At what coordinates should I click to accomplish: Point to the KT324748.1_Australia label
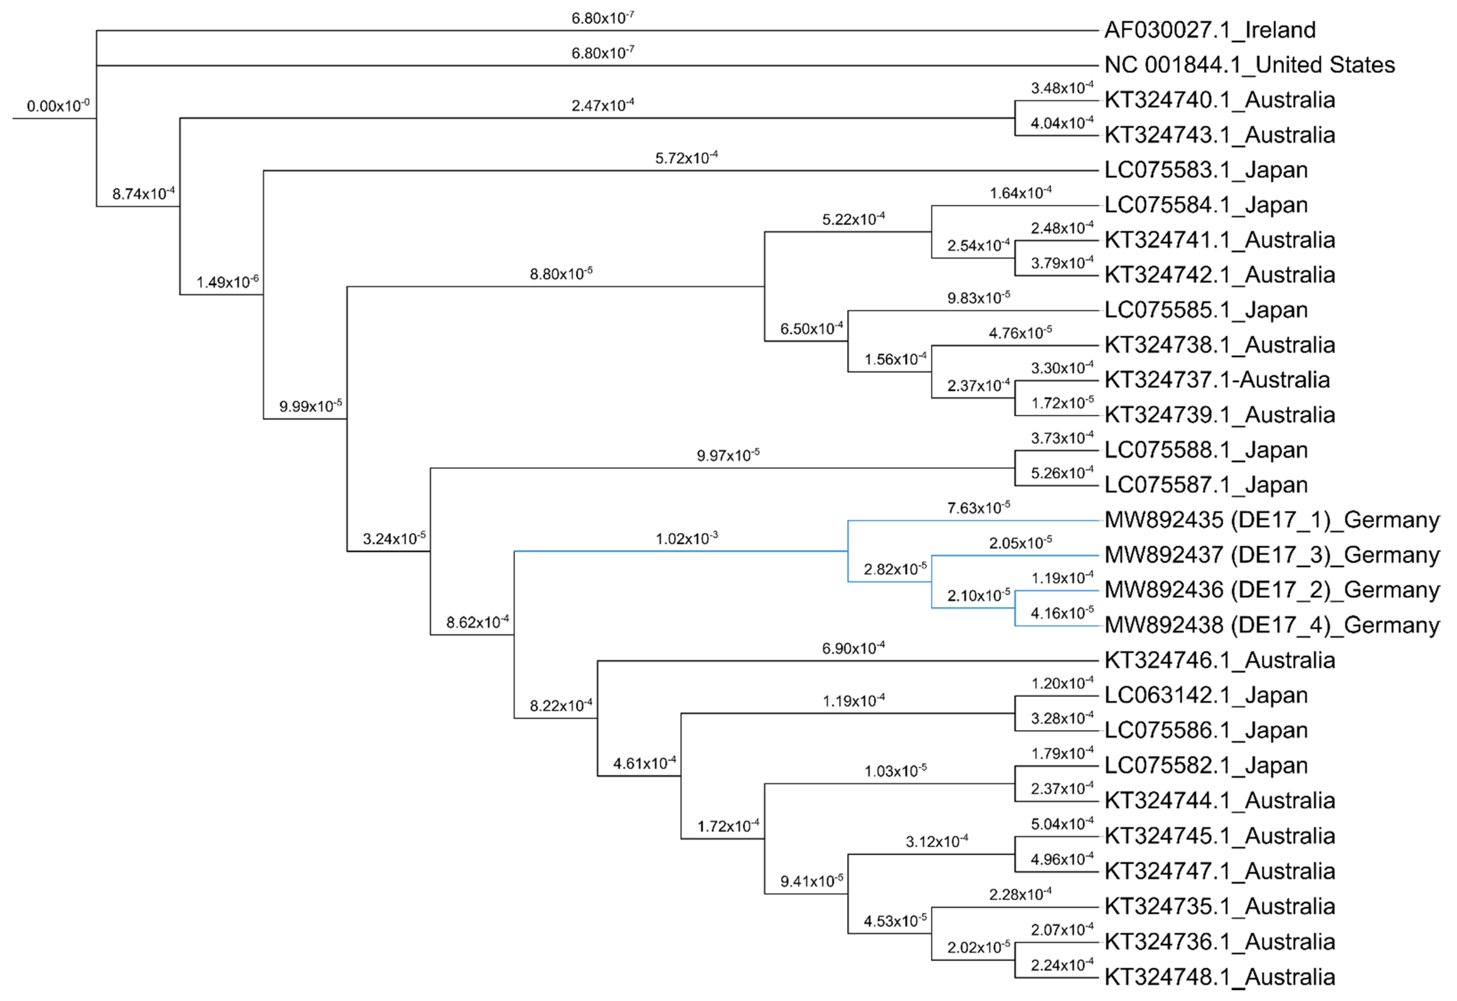pos(1219,976)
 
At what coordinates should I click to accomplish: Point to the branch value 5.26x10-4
pos(1062,473)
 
